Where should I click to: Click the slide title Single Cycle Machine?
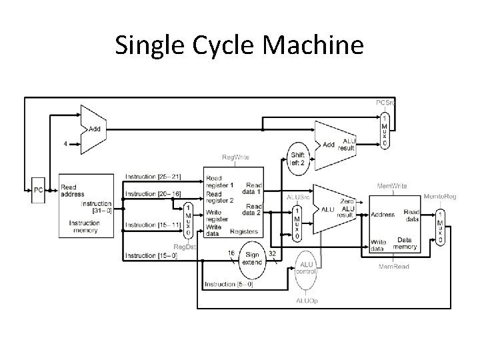(x=239, y=46)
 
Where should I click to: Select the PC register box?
(x=39, y=190)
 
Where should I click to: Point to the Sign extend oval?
(x=253, y=258)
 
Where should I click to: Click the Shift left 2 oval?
(x=297, y=158)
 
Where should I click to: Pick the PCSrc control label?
(x=385, y=103)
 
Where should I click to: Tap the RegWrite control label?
(x=235, y=157)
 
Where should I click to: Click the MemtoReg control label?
(x=440, y=197)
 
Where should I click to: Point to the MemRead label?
(x=394, y=267)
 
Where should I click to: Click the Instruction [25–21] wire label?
(x=153, y=177)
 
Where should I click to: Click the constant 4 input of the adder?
(x=65, y=142)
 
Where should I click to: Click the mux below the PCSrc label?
(x=385, y=130)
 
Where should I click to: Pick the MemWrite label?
(x=393, y=186)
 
